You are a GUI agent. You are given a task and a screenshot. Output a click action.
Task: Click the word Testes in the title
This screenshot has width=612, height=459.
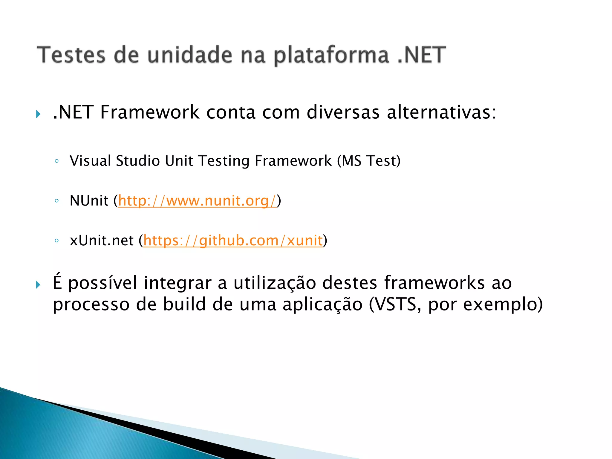(x=71, y=55)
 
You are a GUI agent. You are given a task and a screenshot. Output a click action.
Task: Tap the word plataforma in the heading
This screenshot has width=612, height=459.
(x=332, y=56)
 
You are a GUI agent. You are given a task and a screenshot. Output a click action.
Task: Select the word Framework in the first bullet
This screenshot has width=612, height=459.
(x=150, y=112)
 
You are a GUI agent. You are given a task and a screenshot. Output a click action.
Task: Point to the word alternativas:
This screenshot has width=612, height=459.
(x=441, y=112)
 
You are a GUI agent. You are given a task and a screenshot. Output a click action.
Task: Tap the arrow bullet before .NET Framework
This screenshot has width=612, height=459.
(x=38, y=114)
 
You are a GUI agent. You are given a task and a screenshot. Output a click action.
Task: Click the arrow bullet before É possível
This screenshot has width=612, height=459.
(x=38, y=284)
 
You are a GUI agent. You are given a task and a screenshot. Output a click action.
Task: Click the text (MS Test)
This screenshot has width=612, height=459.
(x=369, y=161)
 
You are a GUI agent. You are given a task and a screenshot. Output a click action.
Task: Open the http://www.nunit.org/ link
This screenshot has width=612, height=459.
(x=197, y=201)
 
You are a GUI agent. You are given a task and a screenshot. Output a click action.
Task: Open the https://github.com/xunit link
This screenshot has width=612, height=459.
(x=233, y=240)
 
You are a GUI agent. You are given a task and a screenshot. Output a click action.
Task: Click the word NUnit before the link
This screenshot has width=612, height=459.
(x=89, y=201)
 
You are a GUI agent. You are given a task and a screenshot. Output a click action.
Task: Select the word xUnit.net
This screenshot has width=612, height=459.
(x=102, y=240)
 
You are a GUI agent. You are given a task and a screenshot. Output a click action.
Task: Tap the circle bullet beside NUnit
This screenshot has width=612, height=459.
(x=56, y=201)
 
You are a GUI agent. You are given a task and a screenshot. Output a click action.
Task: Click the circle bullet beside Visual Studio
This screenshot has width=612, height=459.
(x=56, y=161)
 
